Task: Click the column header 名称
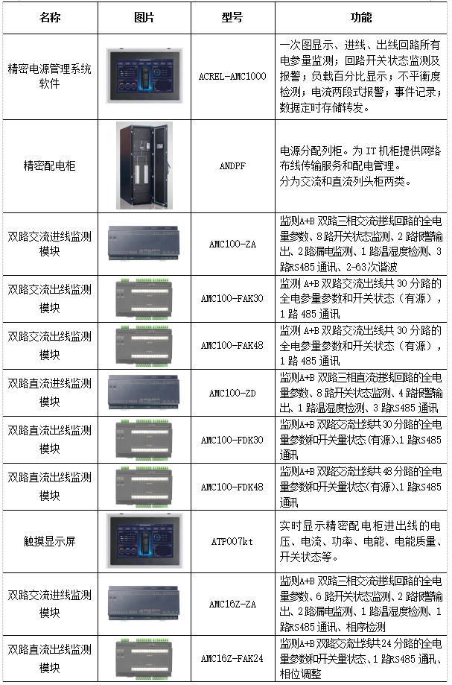coord(49,18)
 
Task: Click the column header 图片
coord(144,18)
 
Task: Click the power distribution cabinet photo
coord(144,165)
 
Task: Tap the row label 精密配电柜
coord(49,165)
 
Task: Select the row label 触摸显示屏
coord(49,542)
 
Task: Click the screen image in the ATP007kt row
coord(144,542)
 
